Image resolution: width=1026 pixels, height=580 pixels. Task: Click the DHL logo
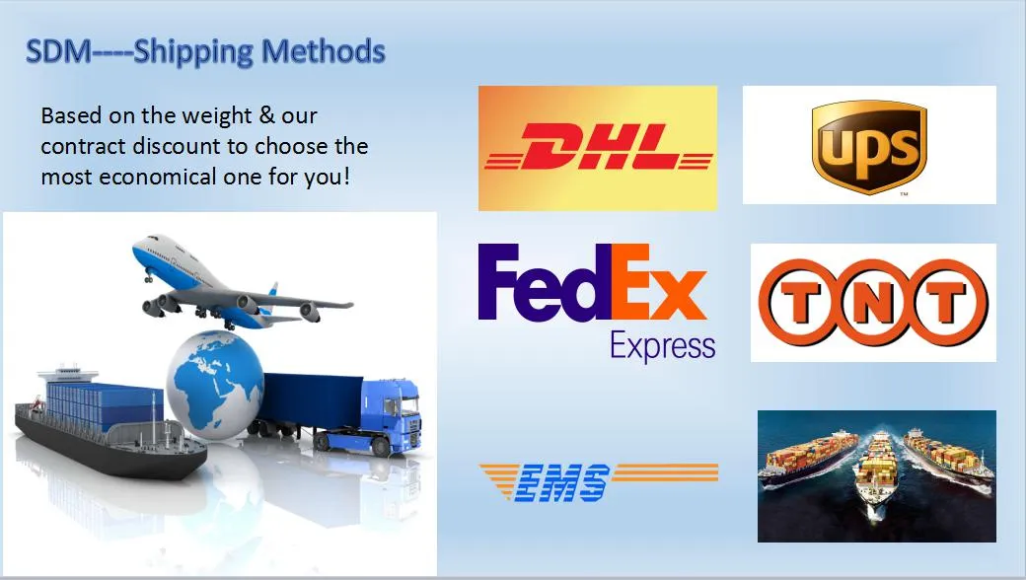(598, 148)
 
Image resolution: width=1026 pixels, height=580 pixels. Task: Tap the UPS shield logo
(869, 146)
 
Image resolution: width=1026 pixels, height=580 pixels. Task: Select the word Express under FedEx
(662, 346)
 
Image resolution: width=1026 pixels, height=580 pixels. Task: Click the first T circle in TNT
(796, 302)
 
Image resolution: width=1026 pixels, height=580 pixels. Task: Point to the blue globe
(215, 385)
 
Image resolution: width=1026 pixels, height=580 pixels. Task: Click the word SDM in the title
(58, 51)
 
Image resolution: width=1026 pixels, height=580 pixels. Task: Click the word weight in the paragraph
(217, 116)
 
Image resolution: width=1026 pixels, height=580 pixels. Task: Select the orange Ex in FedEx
(659, 282)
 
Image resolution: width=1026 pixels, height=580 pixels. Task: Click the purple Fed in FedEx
(545, 282)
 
